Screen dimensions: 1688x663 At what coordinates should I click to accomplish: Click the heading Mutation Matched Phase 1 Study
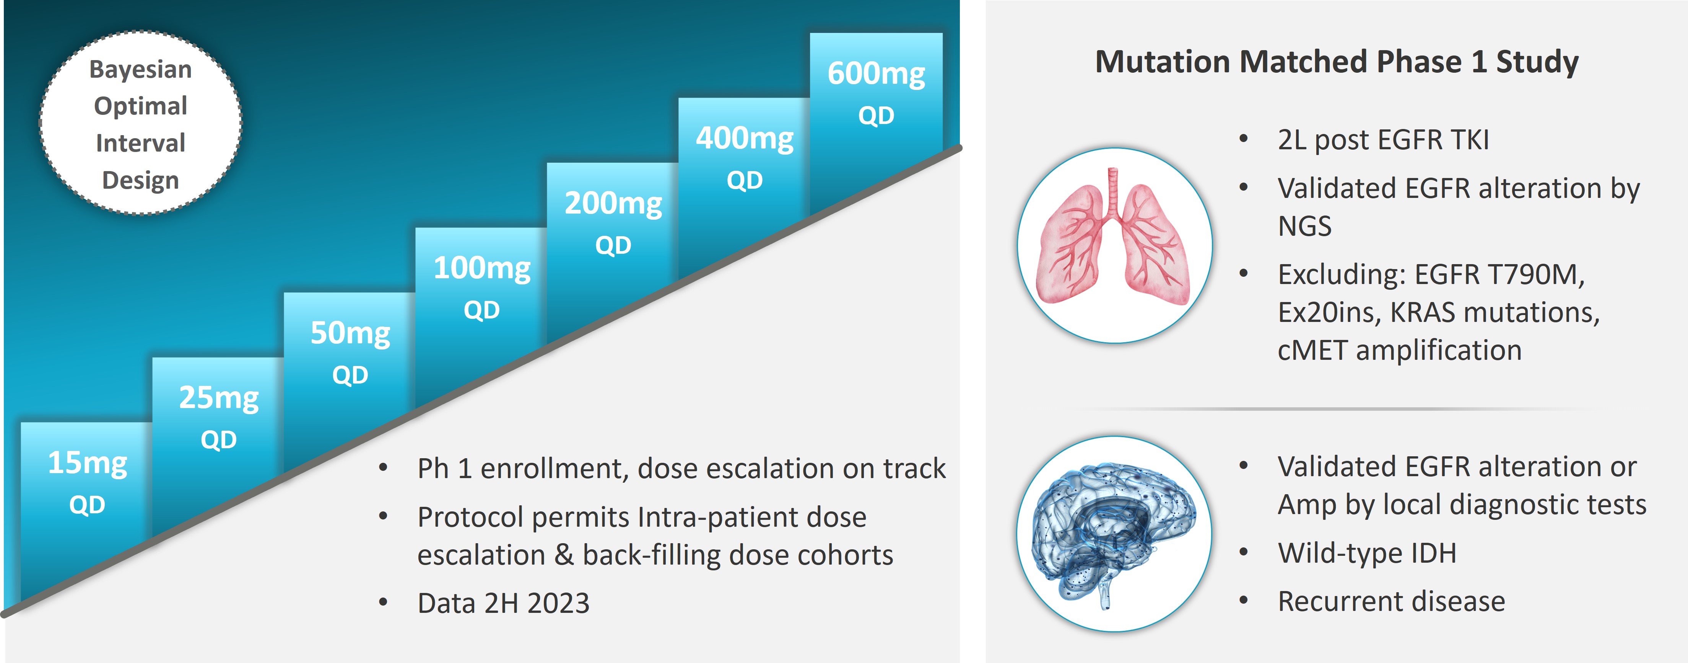tap(1337, 62)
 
